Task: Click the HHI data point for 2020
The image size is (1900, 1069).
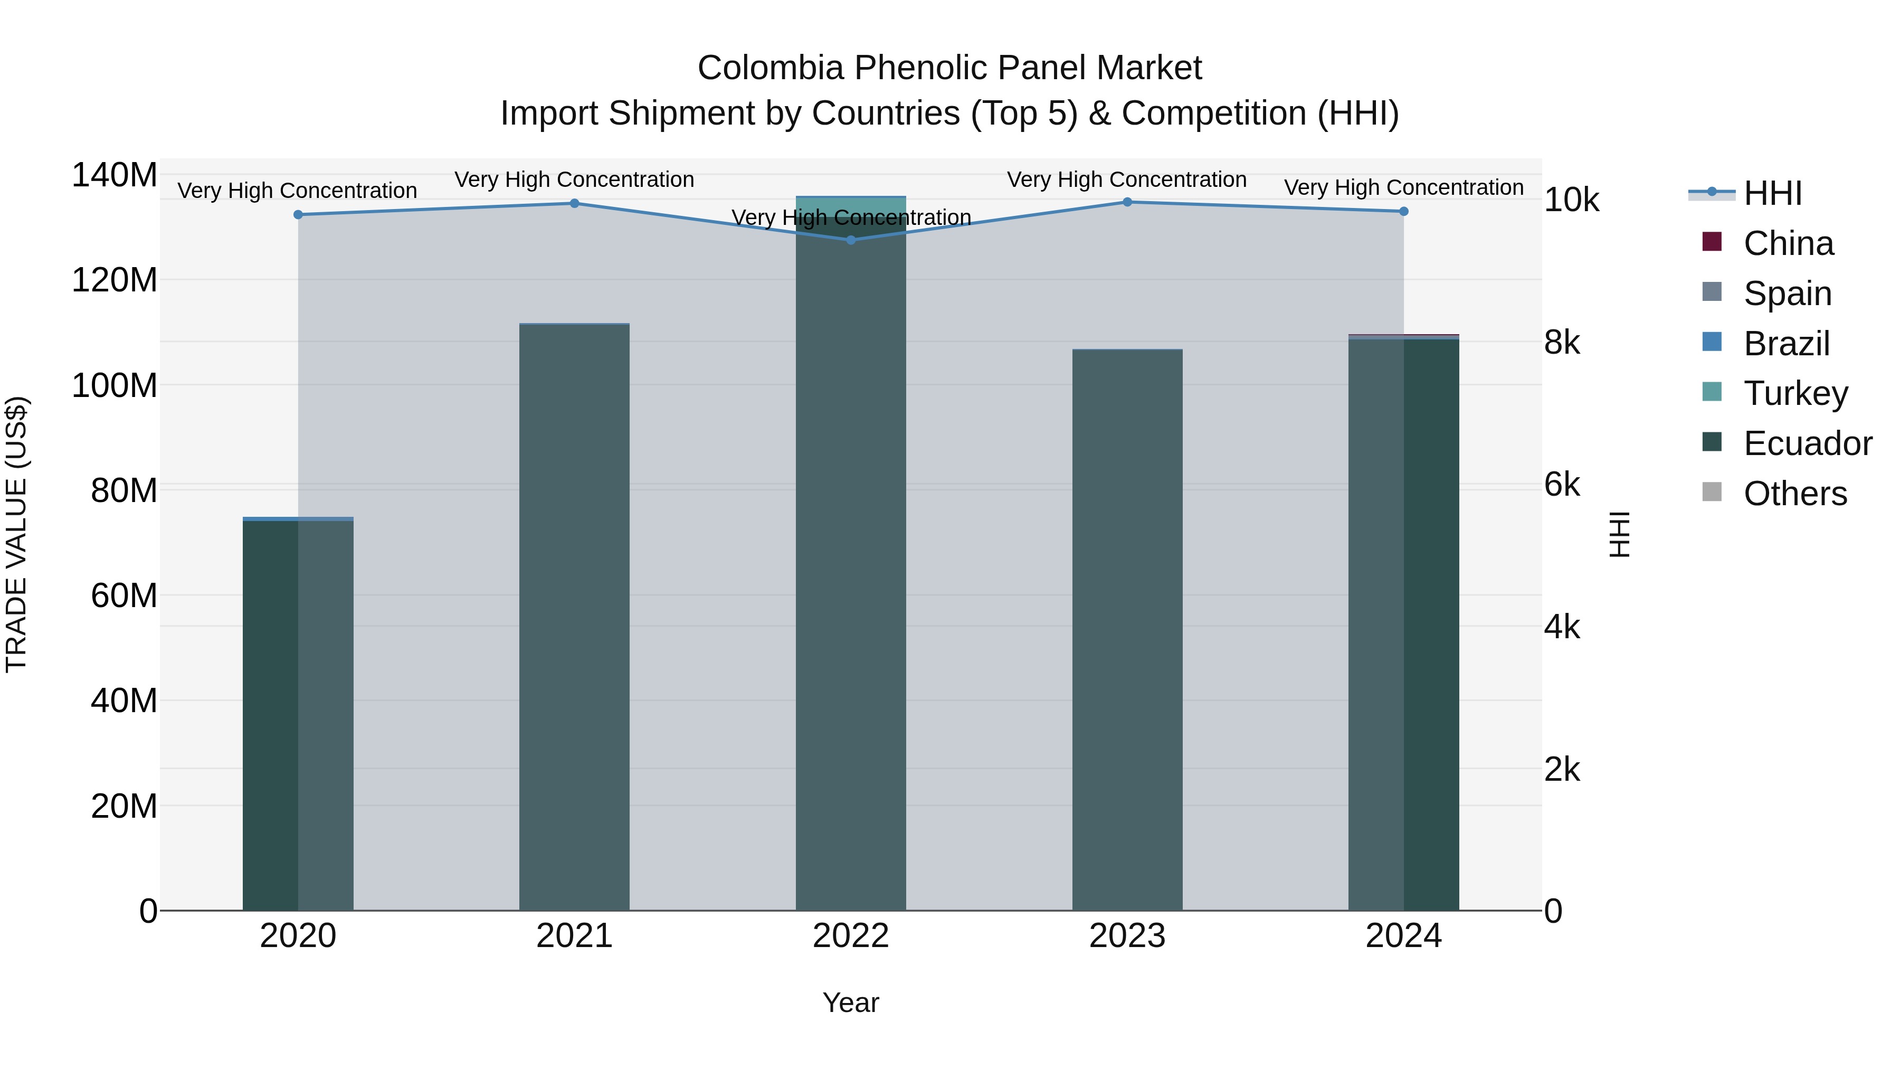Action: [298, 215]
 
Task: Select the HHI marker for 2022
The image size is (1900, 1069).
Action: [850, 240]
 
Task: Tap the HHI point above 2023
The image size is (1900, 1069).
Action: [1127, 202]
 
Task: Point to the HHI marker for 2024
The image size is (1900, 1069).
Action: [1403, 212]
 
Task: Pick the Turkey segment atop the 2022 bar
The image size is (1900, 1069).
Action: [850, 206]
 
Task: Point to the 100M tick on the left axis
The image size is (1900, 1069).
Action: [115, 385]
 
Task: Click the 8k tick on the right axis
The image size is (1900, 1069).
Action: [1562, 342]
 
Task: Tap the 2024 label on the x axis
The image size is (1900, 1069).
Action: [1403, 936]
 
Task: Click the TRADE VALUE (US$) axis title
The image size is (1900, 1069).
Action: [16, 534]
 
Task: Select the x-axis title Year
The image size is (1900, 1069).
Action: [850, 1002]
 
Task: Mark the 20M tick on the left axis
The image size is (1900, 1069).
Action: [124, 806]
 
